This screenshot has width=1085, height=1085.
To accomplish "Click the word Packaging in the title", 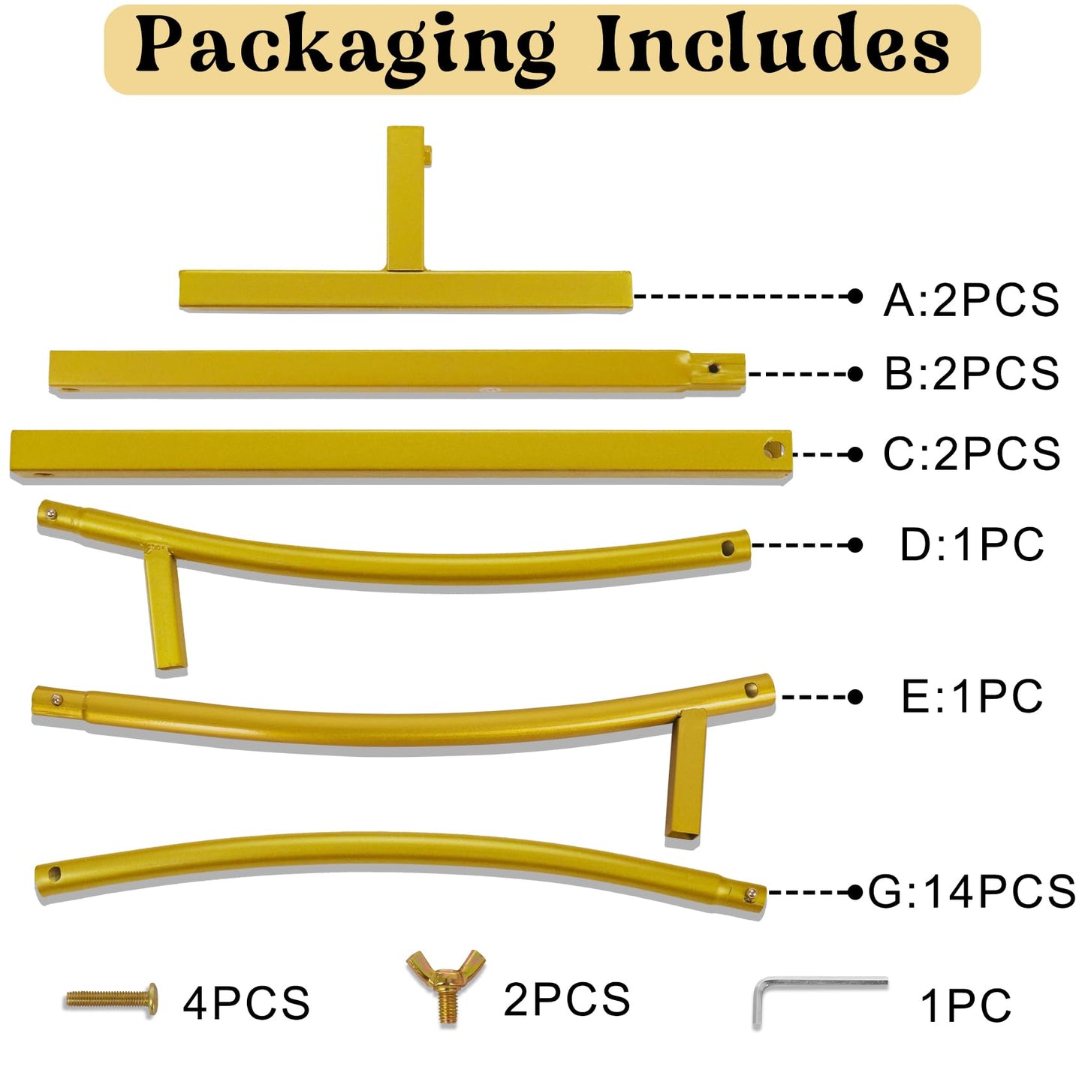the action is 345,50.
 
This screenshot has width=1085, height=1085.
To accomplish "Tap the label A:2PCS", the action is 971,300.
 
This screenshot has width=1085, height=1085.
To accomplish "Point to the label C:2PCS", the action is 972,454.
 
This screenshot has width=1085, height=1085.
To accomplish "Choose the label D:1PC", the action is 972,544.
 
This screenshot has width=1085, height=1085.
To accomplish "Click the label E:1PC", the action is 972,697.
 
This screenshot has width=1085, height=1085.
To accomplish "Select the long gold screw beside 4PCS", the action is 111,999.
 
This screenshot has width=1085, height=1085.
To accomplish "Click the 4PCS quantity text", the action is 246,1003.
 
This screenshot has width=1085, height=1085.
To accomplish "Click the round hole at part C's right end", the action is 773,449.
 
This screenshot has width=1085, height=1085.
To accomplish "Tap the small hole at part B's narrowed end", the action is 714,368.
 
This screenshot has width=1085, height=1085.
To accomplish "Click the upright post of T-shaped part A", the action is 406,198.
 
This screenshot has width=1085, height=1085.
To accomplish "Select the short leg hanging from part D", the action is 164,609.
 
